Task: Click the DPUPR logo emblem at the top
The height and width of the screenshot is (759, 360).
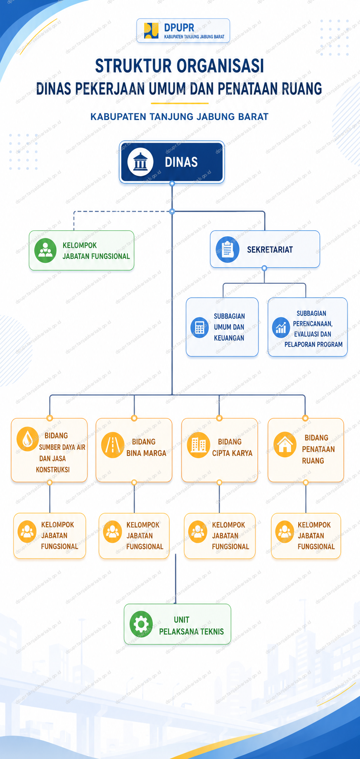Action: coord(151,30)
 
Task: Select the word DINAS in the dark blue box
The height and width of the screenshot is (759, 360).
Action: coord(181,162)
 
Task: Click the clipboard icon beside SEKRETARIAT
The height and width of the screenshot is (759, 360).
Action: coord(227,250)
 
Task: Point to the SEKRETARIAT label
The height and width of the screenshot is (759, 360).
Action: coord(270,250)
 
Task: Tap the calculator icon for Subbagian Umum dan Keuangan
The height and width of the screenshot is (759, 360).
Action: coord(200,327)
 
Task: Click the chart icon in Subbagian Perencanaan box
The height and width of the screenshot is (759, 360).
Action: coord(281,328)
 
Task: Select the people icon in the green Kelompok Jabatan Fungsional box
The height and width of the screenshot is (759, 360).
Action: coord(45,250)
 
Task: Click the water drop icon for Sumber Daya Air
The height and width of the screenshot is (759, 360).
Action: coord(28,438)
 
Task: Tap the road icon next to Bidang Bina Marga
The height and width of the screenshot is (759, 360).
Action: coord(113,446)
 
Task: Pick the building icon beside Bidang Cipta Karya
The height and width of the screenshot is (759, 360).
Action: coord(198,446)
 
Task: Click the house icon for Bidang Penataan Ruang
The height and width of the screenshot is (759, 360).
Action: coord(285,444)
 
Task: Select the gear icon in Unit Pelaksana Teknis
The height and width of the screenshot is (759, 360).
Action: coord(141,624)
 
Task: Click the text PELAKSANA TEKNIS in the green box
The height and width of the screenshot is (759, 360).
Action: coord(192,631)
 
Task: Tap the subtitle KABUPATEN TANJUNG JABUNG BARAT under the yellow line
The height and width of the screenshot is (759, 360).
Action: coord(180,117)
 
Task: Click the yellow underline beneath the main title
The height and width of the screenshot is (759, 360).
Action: coord(180,103)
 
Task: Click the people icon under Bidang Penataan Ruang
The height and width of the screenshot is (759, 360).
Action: coord(285,532)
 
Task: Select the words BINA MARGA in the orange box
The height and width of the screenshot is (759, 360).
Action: coord(146,453)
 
